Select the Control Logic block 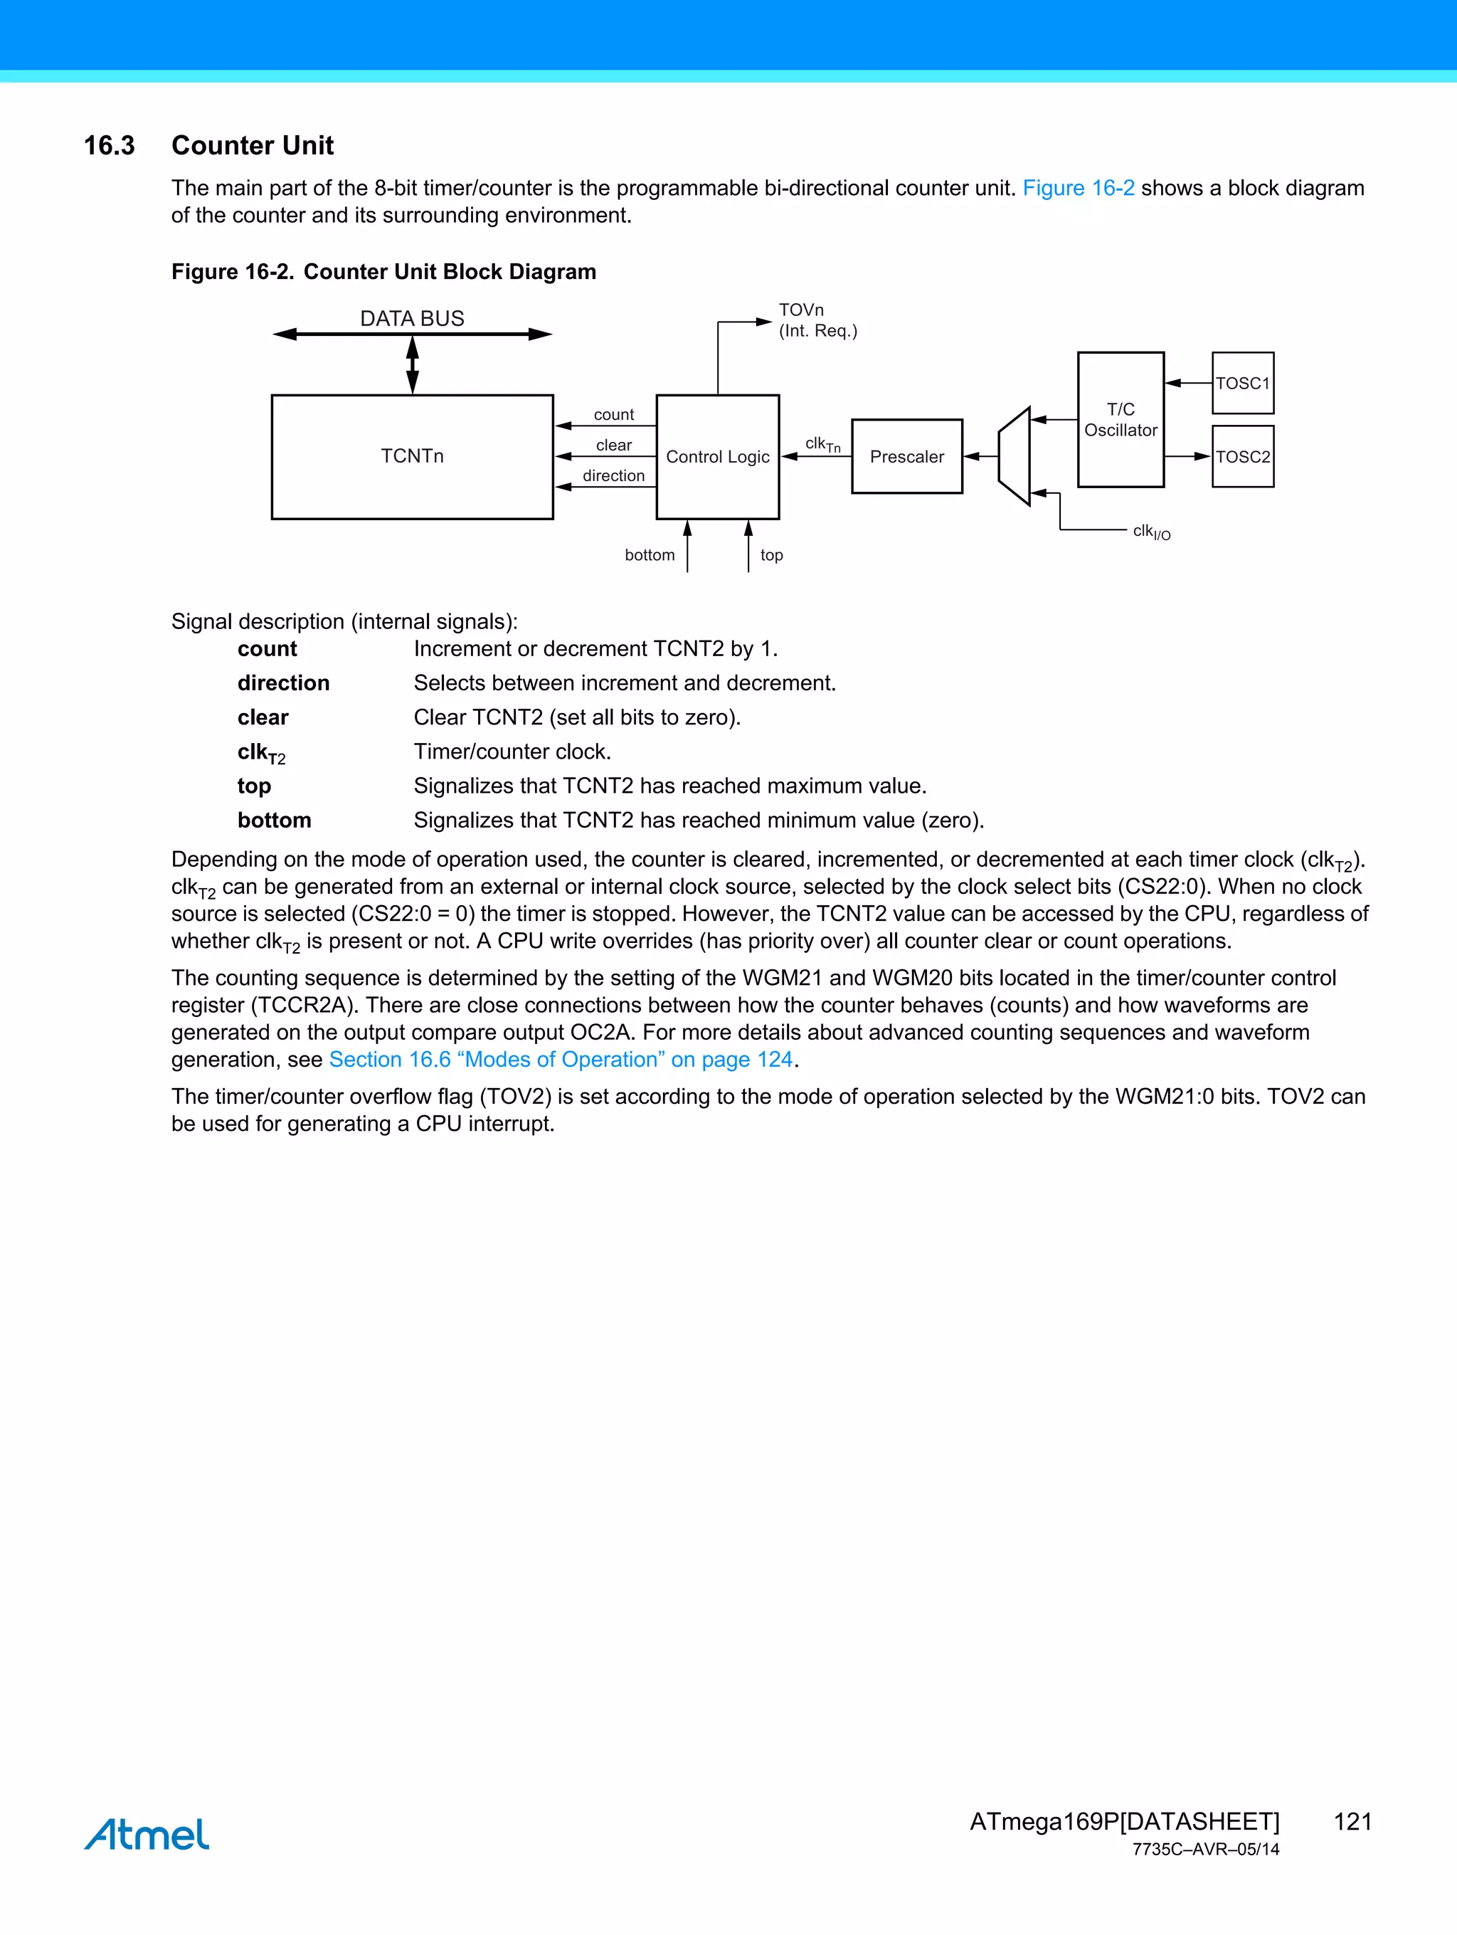(x=717, y=457)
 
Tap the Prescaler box (x=907, y=457)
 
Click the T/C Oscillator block (x=1120, y=420)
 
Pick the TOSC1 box (x=1242, y=383)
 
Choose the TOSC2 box (x=1242, y=457)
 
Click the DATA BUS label (x=412, y=318)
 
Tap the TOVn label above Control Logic (x=801, y=310)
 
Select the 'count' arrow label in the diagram (x=614, y=415)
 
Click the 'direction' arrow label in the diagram (x=614, y=476)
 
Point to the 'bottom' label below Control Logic (x=650, y=556)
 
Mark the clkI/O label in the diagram (x=1151, y=532)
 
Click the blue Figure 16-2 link (x=1079, y=188)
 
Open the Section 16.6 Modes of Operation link (x=561, y=1060)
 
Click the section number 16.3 (x=110, y=145)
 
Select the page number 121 (x=1352, y=1821)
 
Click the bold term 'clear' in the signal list (x=263, y=717)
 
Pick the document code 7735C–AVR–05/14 (x=1205, y=1850)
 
